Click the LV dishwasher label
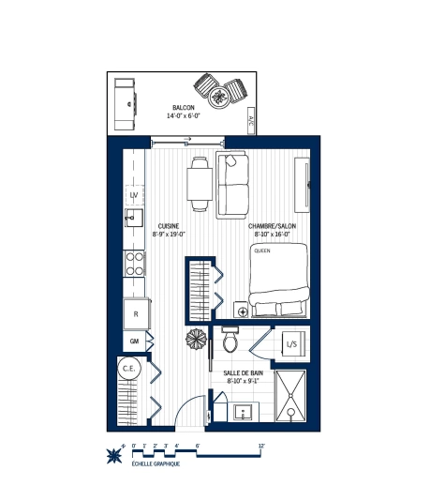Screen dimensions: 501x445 134,195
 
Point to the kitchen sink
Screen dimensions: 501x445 133,220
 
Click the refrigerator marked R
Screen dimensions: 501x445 136,312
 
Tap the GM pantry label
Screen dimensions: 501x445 134,341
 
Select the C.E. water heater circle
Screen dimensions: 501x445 129,369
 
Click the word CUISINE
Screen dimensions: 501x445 169,226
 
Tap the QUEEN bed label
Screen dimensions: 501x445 261,250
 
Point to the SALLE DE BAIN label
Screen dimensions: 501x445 243,372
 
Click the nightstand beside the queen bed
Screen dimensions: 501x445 242,311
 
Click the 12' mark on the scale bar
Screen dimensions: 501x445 261,446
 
